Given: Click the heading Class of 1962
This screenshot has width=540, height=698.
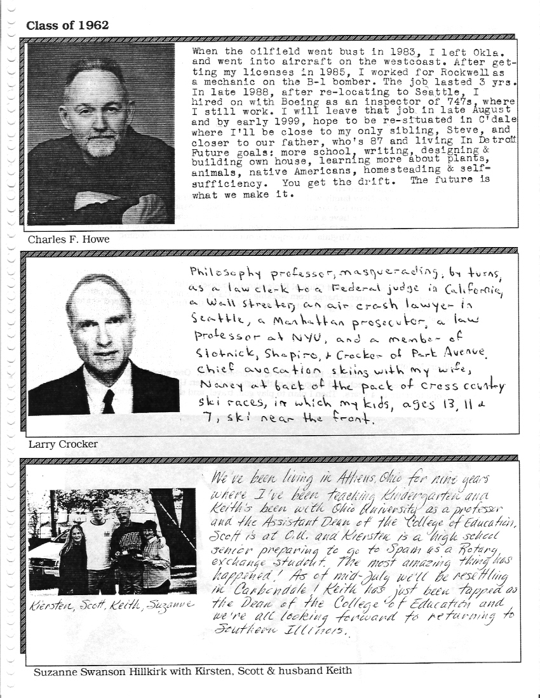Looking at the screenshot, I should [67, 25].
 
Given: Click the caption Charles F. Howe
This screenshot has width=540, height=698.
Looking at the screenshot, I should [68, 239].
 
